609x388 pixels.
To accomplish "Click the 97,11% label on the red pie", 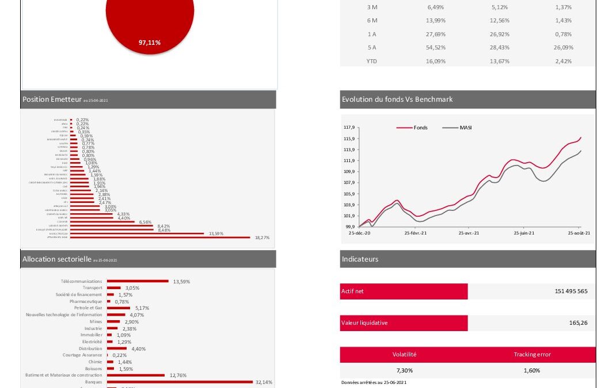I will [x=149, y=43].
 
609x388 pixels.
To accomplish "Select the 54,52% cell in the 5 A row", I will [x=436, y=48].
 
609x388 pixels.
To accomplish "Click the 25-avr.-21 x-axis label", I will [x=469, y=233].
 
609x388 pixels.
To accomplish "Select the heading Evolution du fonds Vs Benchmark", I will [x=397, y=99].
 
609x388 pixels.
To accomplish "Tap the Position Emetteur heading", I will [x=52, y=99].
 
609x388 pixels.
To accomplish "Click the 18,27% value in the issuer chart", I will [x=262, y=237].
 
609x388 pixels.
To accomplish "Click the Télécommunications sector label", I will [x=81, y=282].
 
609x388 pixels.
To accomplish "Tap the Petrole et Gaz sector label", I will [x=88, y=308].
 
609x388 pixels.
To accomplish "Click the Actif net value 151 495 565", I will [x=571, y=291].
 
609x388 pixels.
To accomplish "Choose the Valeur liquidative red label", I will [x=364, y=323].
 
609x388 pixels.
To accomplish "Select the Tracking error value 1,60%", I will [x=532, y=371].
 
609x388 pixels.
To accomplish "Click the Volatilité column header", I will [x=404, y=355].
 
